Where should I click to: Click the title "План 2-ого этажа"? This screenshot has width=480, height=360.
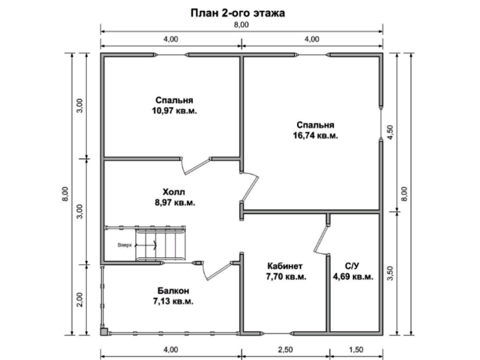pos(238,13)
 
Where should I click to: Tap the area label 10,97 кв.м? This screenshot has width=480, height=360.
pos(175,111)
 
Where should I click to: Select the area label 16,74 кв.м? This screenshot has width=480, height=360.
pos(316,136)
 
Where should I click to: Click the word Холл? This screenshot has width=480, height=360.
pos(174,192)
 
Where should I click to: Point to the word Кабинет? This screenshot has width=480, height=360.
pos(284,266)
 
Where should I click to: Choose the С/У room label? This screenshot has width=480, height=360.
pos(352,266)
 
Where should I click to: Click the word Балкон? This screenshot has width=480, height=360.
pos(173,290)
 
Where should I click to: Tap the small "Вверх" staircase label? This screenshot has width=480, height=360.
pos(125,245)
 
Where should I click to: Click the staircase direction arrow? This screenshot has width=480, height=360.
pos(146,245)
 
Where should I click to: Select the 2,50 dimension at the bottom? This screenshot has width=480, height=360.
pos(286,350)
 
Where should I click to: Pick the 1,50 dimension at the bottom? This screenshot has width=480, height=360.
pos(356,350)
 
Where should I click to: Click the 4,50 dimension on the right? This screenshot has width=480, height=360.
pos(391,132)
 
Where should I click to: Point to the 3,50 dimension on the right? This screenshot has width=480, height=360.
pos(391,273)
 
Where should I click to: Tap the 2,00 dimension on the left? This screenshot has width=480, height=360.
pos(80,299)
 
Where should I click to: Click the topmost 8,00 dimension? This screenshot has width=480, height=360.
pos(242,25)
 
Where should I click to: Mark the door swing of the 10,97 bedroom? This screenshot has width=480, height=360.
pos(196,167)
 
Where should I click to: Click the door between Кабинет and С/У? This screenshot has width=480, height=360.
pos(321,239)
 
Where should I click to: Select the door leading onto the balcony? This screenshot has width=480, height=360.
pos(217,271)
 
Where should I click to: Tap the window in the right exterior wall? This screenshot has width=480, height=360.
pos(381,124)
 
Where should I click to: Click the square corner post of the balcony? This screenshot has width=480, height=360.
pos(104,332)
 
